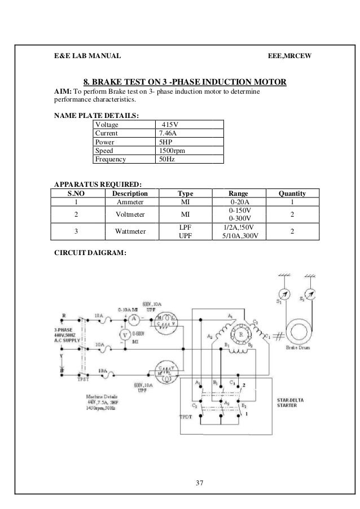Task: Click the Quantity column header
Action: pyautogui.click(x=292, y=193)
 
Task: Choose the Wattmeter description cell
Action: pyautogui.click(x=130, y=231)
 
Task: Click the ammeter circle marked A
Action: pyautogui.click(x=134, y=319)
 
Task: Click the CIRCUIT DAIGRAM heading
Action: pyautogui.click(x=90, y=253)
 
